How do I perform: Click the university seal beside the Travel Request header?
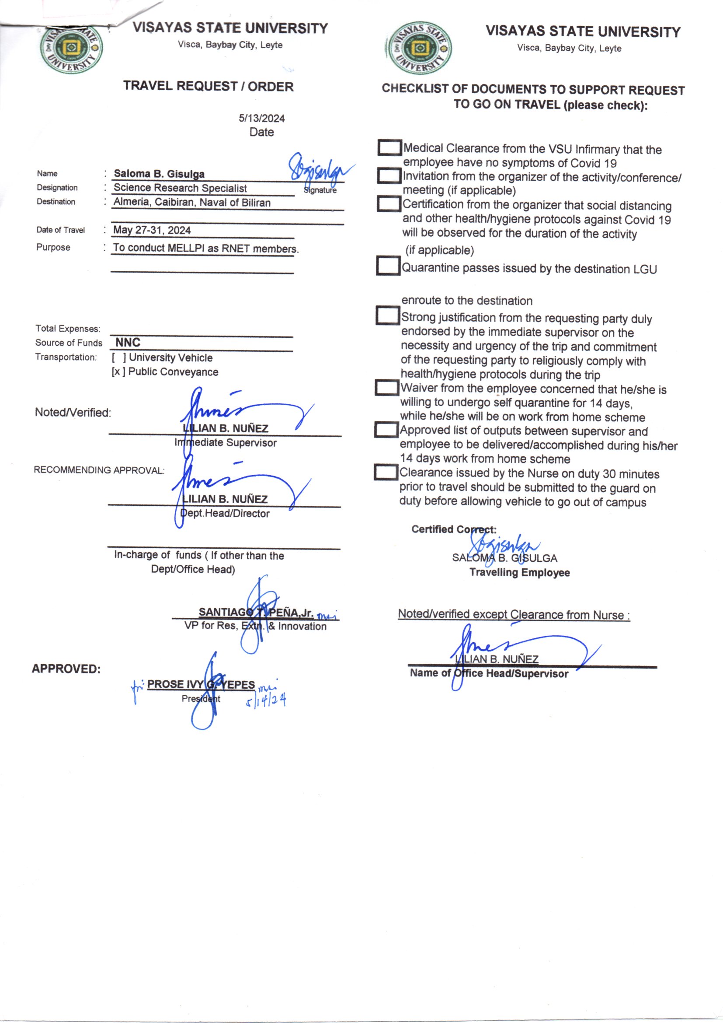coord(71,49)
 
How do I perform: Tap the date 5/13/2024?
coord(261,118)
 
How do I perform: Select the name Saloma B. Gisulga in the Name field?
coord(159,174)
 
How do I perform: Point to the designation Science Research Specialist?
coord(180,188)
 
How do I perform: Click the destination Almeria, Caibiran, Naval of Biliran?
coord(192,202)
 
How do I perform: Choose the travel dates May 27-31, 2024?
coord(152,230)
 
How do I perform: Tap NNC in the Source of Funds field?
coord(128,342)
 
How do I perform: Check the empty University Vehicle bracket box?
coord(118,357)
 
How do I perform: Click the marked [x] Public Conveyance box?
coord(118,371)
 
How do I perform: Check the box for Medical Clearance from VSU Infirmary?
coord(389,148)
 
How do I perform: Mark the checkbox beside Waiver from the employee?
coord(386,388)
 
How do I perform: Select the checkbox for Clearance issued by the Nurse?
coord(385,472)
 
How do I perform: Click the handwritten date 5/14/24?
coord(266,701)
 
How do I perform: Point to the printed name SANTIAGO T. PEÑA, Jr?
coord(256,612)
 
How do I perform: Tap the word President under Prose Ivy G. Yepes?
coord(201,699)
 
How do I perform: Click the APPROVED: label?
coord(66,669)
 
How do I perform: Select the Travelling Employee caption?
coord(519,573)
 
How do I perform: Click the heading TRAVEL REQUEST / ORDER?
coord(209,86)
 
